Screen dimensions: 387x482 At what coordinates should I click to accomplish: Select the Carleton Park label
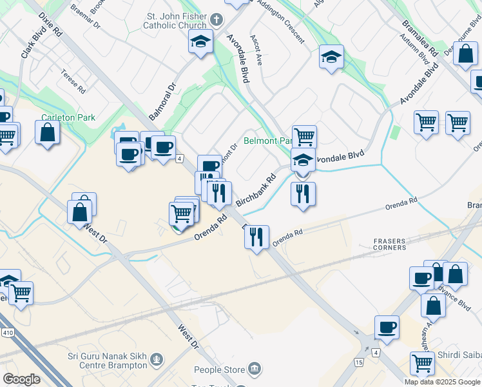pyautogui.click(x=68, y=117)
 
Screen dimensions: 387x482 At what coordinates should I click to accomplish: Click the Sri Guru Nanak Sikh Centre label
pyautogui.click(x=107, y=361)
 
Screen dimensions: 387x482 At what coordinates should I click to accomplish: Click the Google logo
pyautogui.click(x=21, y=379)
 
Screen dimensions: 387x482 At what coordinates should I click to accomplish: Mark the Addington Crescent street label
pyautogui.click(x=280, y=21)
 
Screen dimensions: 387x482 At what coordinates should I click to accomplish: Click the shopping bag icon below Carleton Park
pyautogui.click(x=48, y=133)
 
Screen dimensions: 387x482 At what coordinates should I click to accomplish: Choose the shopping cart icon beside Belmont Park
pyautogui.click(x=304, y=136)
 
